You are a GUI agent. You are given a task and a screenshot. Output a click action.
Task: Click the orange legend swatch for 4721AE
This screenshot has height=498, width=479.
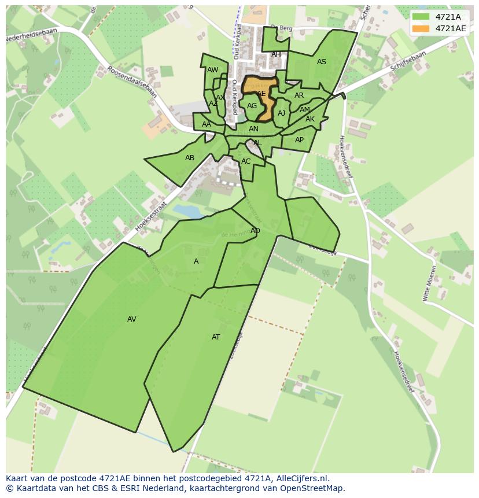click(x=421, y=28)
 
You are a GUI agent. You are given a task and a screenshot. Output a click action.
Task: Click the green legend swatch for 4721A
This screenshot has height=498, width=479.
click(x=421, y=17)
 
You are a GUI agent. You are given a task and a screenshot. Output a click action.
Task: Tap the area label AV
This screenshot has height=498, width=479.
click(x=132, y=319)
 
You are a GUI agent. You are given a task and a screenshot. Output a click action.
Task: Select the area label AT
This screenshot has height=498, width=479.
click(x=216, y=337)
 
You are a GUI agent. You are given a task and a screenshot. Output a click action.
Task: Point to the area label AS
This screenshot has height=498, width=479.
click(x=322, y=62)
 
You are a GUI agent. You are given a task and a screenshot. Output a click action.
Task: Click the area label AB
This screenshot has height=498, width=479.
click(x=190, y=158)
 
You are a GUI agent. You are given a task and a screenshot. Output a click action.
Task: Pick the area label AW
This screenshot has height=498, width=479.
click(x=213, y=70)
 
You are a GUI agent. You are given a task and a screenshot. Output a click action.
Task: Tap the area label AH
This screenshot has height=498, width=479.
click(x=276, y=54)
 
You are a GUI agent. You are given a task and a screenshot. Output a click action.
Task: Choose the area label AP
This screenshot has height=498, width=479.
click(x=299, y=140)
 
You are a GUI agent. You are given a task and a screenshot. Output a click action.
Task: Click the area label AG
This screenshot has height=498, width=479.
click(x=252, y=106)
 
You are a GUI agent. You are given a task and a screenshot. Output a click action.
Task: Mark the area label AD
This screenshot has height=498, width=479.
click(x=255, y=231)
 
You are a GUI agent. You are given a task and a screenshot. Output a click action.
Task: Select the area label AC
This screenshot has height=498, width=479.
click(x=246, y=161)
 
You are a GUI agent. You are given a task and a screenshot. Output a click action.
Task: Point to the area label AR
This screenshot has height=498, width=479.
click(x=299, y=95)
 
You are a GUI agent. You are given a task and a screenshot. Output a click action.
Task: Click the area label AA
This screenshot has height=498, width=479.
click(x=207, y=124)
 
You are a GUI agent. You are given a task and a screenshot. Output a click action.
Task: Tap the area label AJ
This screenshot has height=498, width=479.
click(x=282, y=113)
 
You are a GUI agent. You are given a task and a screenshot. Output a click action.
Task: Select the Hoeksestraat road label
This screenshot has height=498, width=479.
click(x=150, y=213)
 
